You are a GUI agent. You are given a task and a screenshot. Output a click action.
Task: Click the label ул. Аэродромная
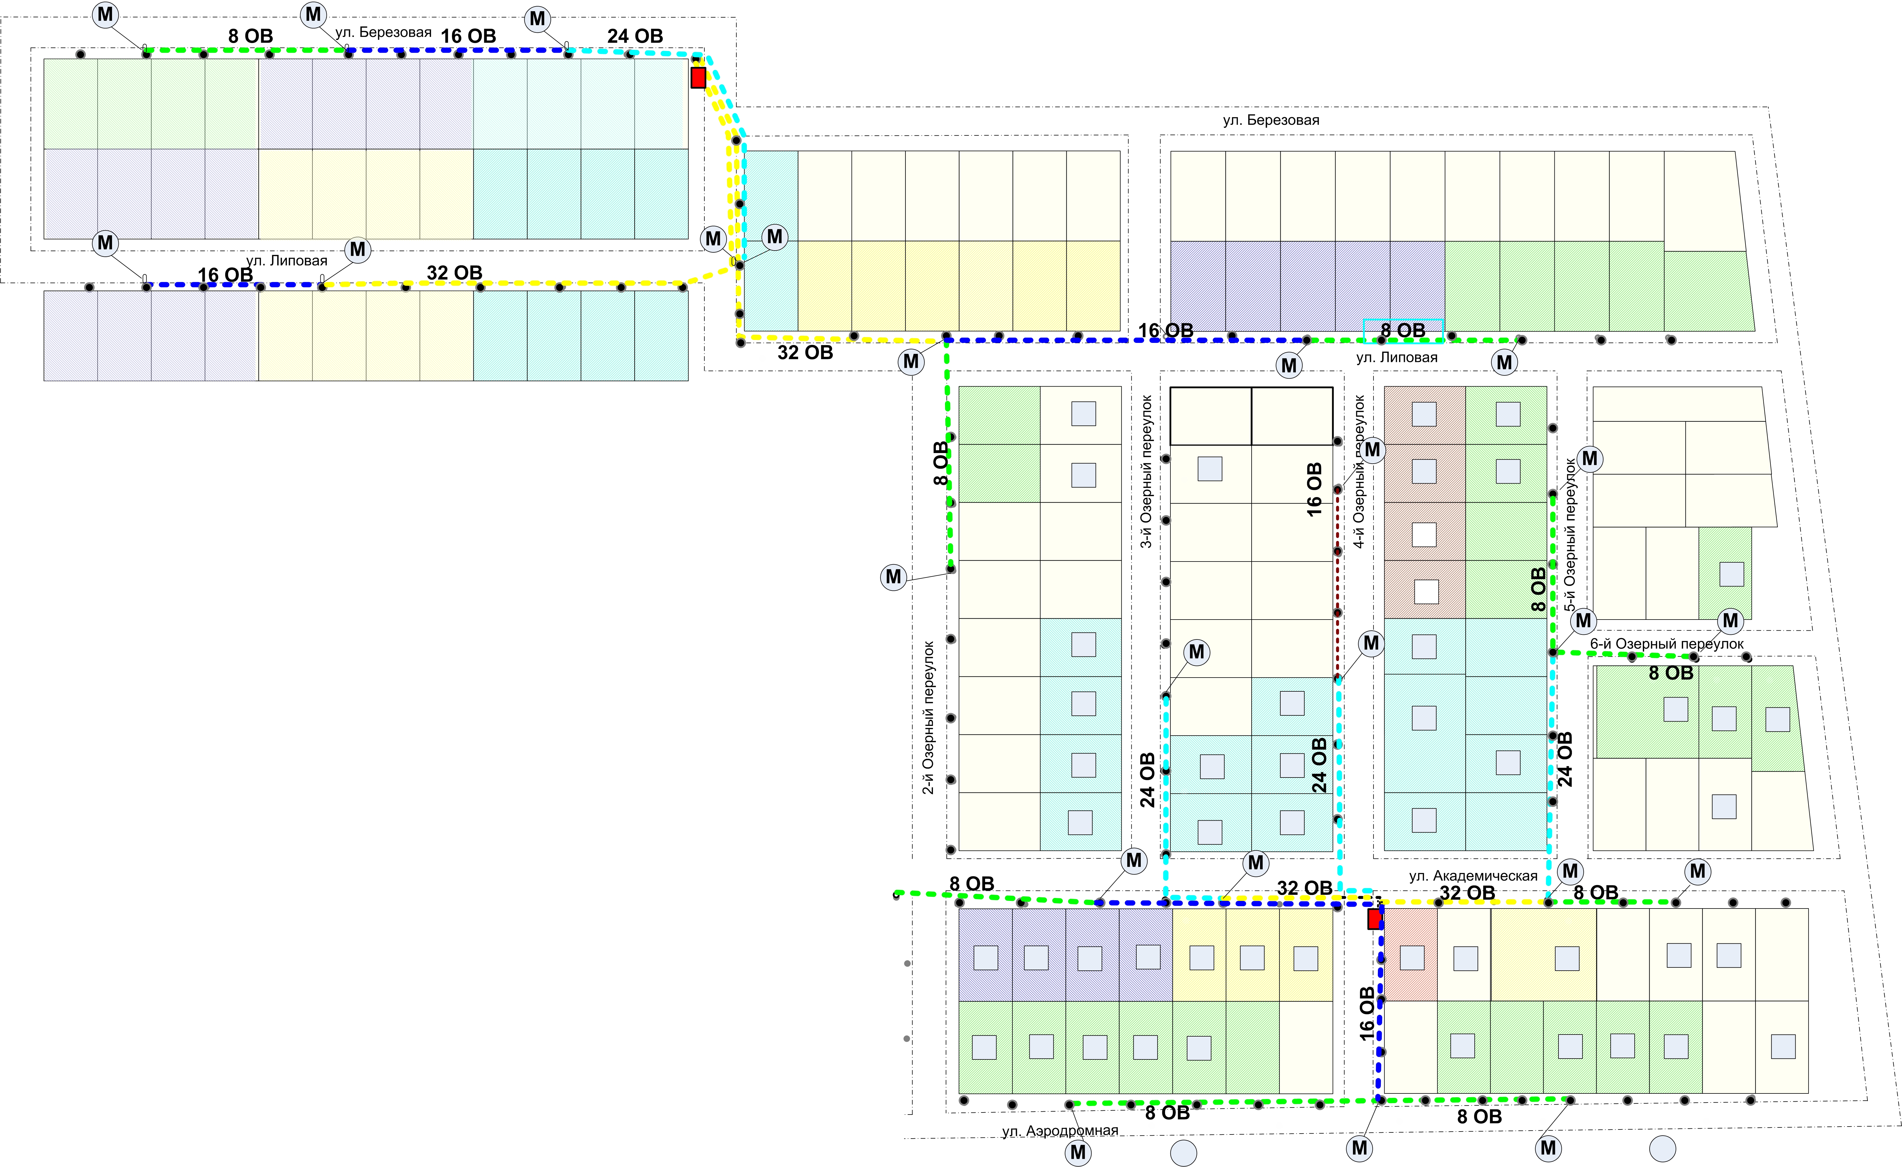(x=1060, y=1131)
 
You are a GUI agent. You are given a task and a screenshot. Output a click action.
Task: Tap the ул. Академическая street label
(x=1473, y=876)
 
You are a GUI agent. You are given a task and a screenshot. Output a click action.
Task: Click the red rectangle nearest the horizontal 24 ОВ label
(x=698, y=77)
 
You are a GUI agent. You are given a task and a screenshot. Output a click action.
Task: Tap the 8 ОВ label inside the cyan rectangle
(x=1403, y=330)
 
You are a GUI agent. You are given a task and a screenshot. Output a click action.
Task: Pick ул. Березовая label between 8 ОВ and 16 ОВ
(x=384, y=33)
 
